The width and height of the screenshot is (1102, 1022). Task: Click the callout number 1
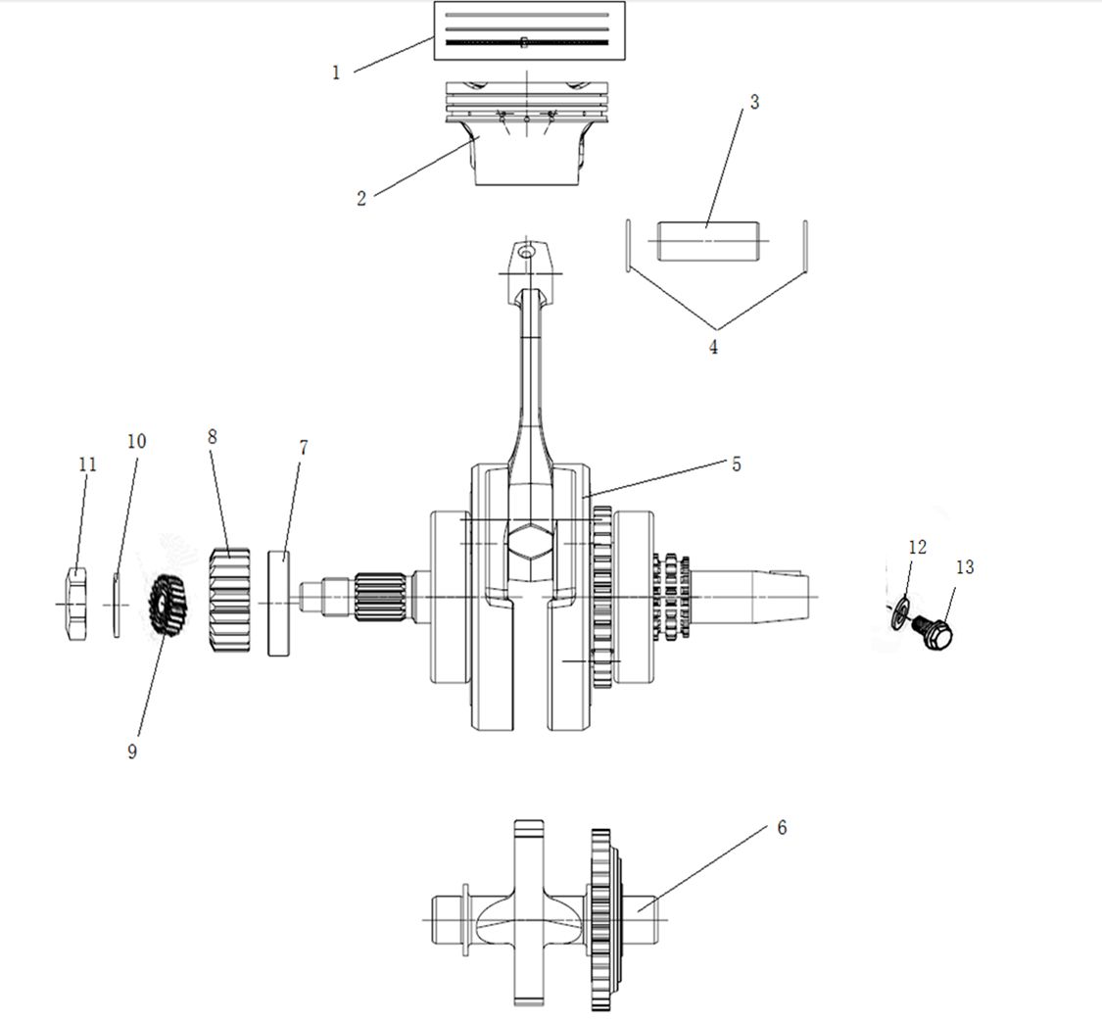click(x=336, y=73)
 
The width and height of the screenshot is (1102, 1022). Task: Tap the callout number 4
click(x=713, y=347)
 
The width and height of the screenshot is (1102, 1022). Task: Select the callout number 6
click(x=783, y=827)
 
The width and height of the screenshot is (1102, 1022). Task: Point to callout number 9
click(x=132, y=752)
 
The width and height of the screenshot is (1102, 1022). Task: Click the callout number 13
click(x=965, y=566)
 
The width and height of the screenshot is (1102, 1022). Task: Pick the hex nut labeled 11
click(x=76, y=603)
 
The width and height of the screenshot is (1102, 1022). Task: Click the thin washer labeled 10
click(x=116, y=605)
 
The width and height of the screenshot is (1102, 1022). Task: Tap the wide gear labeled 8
click(x=230, y=600)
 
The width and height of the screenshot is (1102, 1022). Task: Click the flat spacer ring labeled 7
click(x=279, y=604)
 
